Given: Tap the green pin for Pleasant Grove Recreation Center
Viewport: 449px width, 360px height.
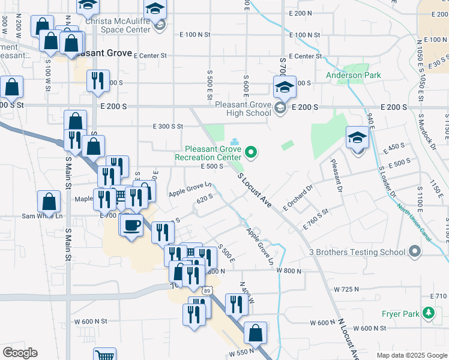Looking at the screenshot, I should [252, 154].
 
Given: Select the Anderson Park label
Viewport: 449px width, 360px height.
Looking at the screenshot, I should [354, 76].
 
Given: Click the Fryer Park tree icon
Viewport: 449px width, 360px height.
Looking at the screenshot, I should [428, 313].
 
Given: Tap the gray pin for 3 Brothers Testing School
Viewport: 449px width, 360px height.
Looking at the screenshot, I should [414, 252].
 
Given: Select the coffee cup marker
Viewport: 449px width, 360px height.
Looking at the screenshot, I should [131, 226].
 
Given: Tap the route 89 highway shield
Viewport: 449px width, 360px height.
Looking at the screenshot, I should [206, 290].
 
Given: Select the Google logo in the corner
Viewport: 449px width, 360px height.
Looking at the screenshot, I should [20, 353].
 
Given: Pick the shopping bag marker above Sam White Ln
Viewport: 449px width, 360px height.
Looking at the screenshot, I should [49, 202].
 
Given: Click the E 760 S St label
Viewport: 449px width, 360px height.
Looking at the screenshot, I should [318, 212].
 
